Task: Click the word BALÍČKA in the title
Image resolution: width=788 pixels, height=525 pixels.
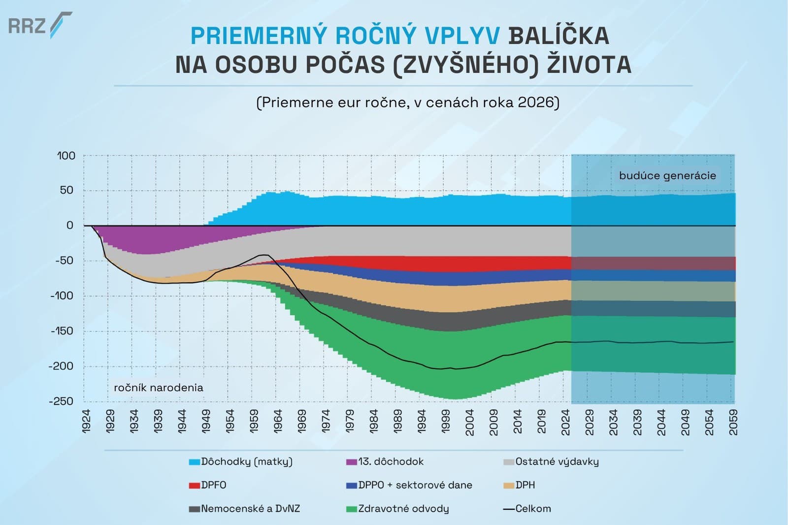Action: point(558,36)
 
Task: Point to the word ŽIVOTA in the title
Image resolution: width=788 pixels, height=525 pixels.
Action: point(589,65)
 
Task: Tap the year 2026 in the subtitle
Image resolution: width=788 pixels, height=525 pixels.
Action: point(535,102)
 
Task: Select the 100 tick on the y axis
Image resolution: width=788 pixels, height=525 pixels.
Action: point(66,156)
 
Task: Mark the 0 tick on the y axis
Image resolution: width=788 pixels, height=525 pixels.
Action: point(70,226)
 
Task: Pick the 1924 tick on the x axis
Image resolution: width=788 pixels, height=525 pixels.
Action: point(87,422)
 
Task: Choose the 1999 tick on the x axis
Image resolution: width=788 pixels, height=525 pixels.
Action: point(446,422)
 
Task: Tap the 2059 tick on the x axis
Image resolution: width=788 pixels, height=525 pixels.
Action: point(733,422)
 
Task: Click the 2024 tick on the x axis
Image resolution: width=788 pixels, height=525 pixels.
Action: point(566,422)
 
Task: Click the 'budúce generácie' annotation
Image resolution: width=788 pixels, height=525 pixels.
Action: point(667,176)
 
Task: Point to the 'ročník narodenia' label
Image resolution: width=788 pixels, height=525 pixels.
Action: point(159,388)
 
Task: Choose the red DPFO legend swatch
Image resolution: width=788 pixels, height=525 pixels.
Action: point(194,486)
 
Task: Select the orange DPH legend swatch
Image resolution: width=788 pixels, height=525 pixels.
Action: point(509,486)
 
